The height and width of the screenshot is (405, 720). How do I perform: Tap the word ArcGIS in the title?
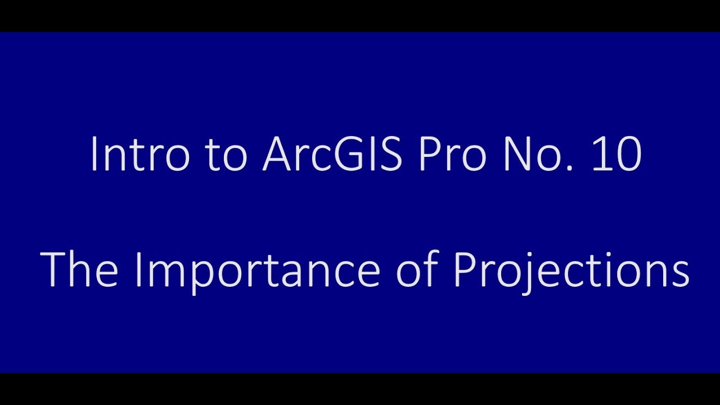332,155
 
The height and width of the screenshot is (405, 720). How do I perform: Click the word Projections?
571,270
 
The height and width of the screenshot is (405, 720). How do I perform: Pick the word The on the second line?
79,270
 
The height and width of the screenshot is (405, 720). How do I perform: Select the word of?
417,270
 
